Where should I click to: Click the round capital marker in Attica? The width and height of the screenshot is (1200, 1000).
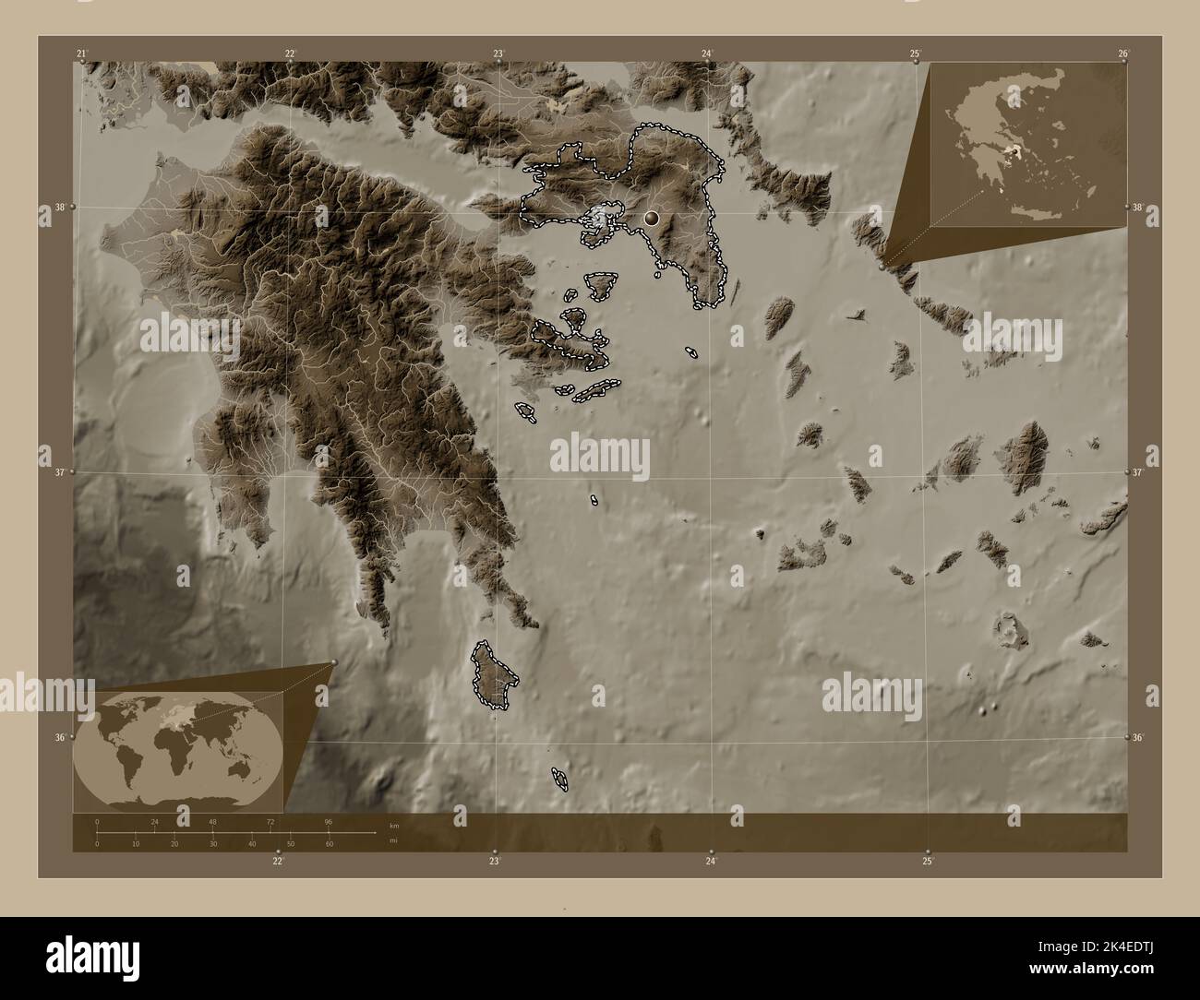[652, 218]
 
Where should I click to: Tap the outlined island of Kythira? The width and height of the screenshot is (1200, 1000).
[495, 677]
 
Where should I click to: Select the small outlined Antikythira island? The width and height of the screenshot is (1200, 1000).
[559, 780]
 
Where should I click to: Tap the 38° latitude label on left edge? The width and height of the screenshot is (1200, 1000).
[59, 208]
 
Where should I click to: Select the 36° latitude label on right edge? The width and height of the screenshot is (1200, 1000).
[1138, 738]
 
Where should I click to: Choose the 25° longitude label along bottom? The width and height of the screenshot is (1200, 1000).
[928, 861]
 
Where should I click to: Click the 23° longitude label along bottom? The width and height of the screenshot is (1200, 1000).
[495, 861]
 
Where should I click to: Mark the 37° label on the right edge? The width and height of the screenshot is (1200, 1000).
[1138, 472]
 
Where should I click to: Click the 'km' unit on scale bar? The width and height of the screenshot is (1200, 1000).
[394, 825]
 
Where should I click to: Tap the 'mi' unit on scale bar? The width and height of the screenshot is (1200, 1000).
[394, 841]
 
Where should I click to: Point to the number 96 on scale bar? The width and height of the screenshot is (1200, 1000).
[328, 821]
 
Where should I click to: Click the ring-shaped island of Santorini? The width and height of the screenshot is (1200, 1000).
[1008, 632]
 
